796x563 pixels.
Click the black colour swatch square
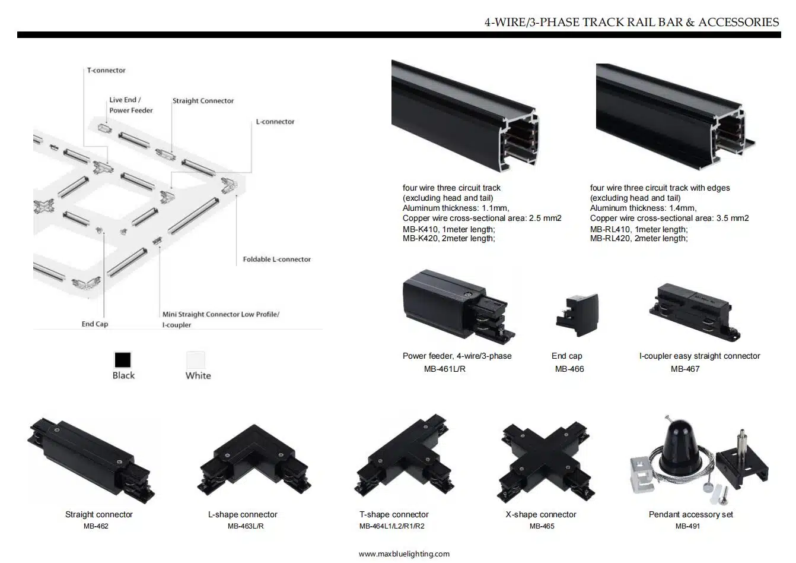point(123,360)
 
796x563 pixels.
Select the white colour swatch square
point(196,360)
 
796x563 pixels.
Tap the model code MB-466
point(569,369)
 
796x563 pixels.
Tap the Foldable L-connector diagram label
point(276,260)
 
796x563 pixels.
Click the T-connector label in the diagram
point(106,70)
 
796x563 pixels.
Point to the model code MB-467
point(685,369)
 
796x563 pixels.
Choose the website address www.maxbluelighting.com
point(404,554)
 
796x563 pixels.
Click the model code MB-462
point(96,526)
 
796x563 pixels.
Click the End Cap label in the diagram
point(95,324)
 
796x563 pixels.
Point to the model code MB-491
point(687,526)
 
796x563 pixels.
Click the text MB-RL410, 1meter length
point(638,229)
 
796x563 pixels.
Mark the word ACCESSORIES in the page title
point(738,23)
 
